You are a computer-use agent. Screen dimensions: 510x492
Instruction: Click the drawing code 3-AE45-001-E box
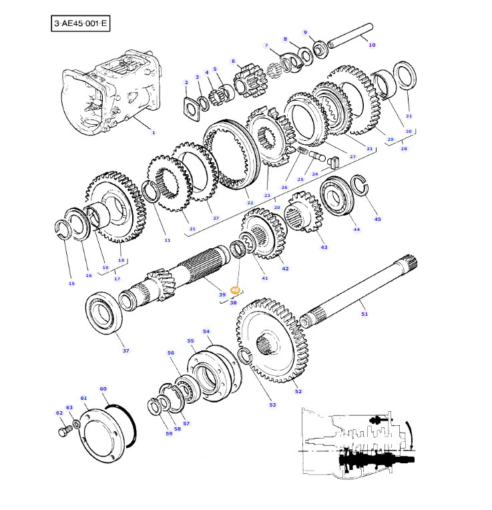click(x=80, y=24)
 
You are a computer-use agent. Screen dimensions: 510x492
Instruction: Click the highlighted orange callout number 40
click(x=234, y=290)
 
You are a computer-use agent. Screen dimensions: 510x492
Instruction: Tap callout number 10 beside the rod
click(x=372, y=45)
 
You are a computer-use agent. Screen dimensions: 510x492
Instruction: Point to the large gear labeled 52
click(x=267, y=340)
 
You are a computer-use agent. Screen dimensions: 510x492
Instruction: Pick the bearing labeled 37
click(x=104, y=311)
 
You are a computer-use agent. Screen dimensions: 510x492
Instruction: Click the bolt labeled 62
click(x=64, y=433)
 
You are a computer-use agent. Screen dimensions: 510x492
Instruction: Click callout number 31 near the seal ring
click(x=409, y=115)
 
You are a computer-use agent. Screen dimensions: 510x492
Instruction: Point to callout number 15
click(x=71, y=284)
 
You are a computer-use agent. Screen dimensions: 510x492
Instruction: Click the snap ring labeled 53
click(x=245, y=356)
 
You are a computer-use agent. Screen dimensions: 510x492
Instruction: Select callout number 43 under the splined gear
click(x=324, y=247)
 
